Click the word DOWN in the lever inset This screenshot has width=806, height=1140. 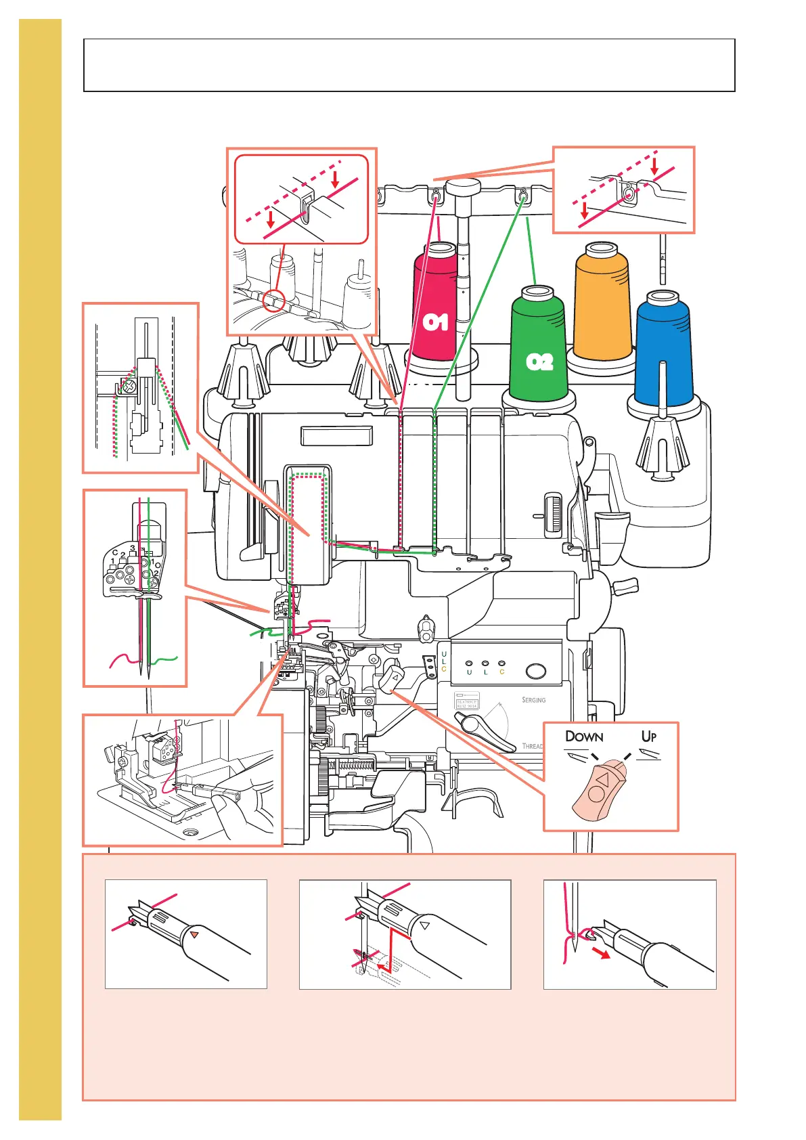[x=583, y=737]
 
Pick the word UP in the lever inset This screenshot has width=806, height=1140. [x=648, y=736]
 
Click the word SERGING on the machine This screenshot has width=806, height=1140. [x=533, y=700]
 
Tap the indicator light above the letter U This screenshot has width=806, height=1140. [x=470, y=664]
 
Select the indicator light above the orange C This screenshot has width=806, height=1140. [x=501, y=664]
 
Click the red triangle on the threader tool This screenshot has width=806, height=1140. [x=194, y=934]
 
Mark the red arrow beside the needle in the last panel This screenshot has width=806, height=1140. [x=600, y=954]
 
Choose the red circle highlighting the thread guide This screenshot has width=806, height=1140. [x=275, y=299]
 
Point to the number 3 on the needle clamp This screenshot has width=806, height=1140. [x=133, y=548]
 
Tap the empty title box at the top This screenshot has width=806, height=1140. [x=409, y=65]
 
